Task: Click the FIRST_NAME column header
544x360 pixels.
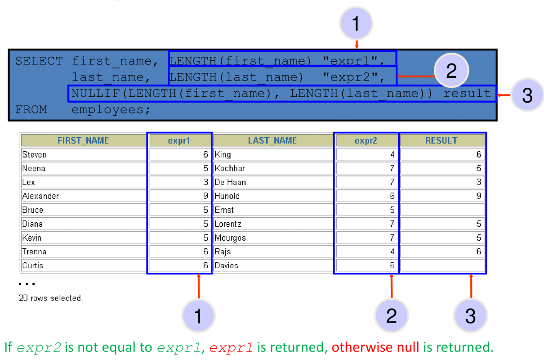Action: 83,140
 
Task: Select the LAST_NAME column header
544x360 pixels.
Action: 272,140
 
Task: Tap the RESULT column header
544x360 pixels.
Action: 441,140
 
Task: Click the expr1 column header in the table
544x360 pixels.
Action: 179,140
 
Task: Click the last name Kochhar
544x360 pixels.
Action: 230,168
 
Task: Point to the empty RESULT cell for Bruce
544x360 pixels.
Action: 442,210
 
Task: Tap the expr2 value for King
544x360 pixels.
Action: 392,154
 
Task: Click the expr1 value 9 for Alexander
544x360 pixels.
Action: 205,196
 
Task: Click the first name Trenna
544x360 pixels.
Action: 34,252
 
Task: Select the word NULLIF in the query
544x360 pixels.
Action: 96,93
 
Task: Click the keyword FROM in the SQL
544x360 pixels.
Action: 31,110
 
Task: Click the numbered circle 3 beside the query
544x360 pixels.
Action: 527,95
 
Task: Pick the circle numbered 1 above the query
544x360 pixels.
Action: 356,23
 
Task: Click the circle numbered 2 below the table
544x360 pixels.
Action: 392,315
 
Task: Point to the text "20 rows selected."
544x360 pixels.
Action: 51,298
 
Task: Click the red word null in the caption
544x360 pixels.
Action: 408,347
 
